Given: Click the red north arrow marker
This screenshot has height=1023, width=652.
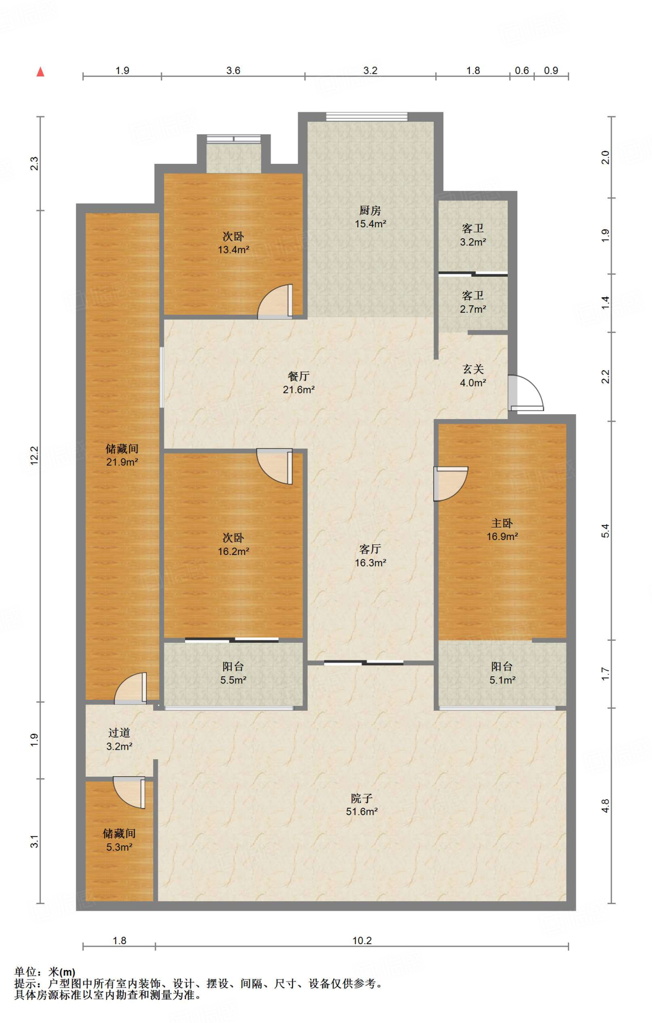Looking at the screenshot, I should point(40,72).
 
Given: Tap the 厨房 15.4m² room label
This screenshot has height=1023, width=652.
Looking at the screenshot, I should point(370,217).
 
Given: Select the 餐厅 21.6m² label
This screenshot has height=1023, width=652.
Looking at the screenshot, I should point(299,383).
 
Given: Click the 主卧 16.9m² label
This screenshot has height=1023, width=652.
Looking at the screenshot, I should point(502,530).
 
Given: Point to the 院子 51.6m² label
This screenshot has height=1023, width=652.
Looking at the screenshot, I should point(361,805).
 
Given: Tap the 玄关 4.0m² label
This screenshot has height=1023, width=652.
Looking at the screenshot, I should point(473,376).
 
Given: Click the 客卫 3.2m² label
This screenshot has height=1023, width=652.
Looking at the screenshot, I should point(473,235).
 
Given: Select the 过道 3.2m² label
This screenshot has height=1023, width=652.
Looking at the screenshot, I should point(119,740).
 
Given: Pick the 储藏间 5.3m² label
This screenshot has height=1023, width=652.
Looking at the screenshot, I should point(119,840).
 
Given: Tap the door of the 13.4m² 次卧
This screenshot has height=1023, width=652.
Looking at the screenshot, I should point(276,303).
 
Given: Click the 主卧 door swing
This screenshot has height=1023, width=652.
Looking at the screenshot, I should point(450,483).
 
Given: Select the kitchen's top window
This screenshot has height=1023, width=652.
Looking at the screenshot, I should point(366,117).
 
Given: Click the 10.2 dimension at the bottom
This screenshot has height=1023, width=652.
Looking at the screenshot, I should point(362,941).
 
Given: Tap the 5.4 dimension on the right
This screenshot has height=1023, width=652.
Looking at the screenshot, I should point(605,530).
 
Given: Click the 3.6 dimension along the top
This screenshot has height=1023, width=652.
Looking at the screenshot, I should point(233,70).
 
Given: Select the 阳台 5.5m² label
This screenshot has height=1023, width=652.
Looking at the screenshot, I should point(233,673).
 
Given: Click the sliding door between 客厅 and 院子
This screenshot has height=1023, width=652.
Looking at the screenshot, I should point(363,663).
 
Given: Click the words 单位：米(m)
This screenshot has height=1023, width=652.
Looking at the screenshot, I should point(45,972).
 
